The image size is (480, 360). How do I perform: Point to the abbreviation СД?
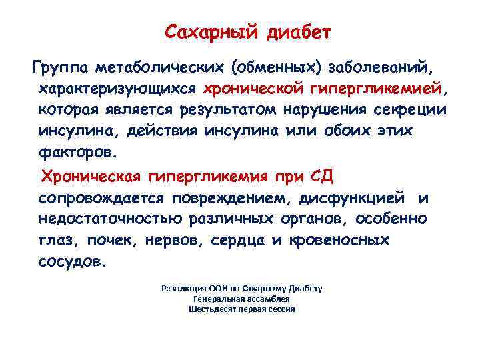point(326,177)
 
